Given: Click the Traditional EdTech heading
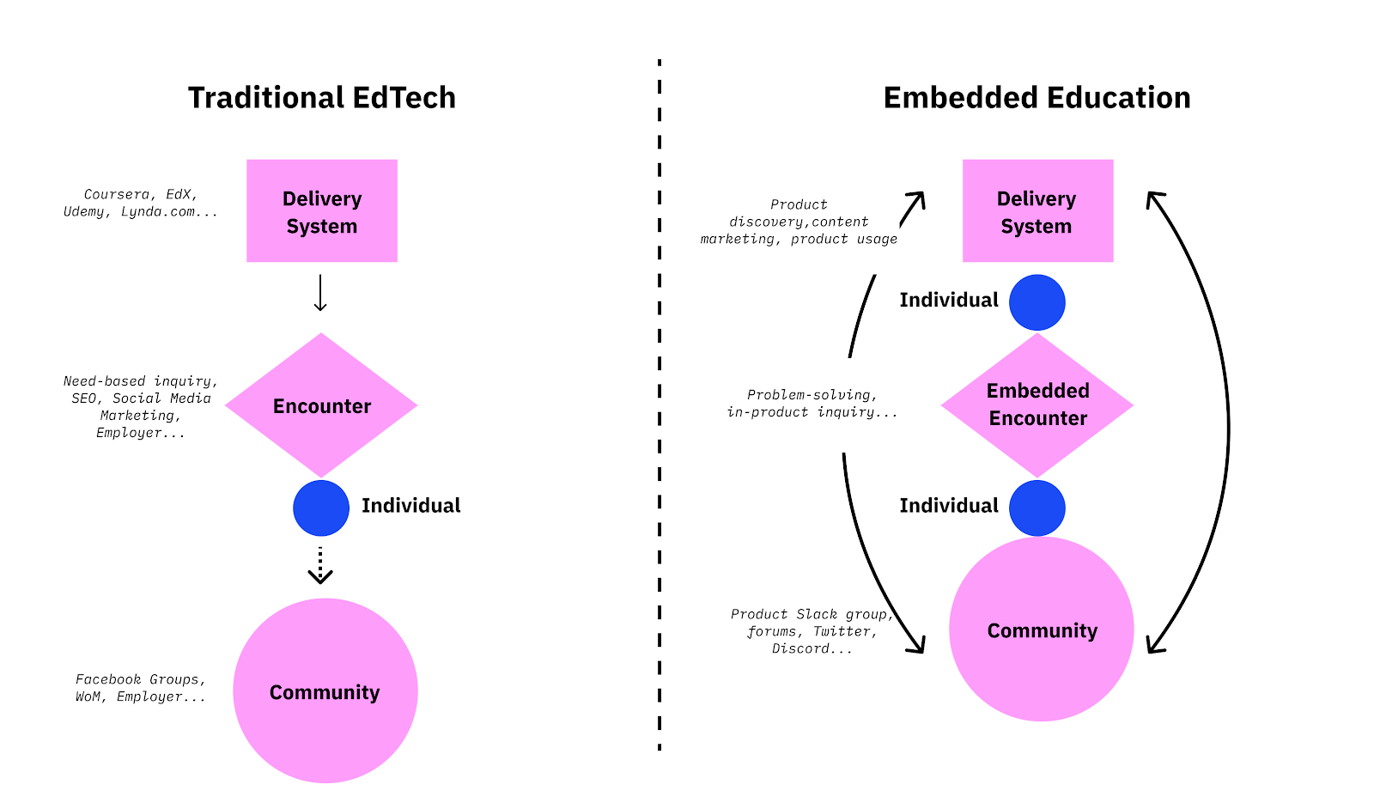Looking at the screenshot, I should pos(321,98).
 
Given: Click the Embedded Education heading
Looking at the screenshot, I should pos(1037,98).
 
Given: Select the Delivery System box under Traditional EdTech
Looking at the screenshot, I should pos(322,211).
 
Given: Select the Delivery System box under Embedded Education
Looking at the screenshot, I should pos(1037,211).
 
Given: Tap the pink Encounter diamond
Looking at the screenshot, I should pos(321,405).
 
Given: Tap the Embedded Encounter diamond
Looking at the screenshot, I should pos(1037,404).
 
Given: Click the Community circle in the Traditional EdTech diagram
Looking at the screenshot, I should pos(325,690).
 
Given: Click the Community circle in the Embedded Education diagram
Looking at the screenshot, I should pos(1041,630).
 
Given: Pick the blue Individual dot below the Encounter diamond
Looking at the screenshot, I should pos(321,508).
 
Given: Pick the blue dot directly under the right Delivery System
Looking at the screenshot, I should pos(1037,302).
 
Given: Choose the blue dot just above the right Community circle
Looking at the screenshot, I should pos(1037,508).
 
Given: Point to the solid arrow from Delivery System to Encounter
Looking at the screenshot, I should pos(320,294).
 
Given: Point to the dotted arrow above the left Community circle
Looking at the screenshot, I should pos(320,565).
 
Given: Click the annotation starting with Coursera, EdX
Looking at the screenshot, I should pos(141,204).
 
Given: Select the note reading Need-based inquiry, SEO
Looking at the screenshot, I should pos(141,406).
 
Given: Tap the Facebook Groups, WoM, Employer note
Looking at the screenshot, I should pos(141,688).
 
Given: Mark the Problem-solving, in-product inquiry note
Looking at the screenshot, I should pos(812,404).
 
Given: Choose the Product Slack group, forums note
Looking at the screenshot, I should pos(812,631).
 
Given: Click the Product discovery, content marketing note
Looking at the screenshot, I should pos(799,222).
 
